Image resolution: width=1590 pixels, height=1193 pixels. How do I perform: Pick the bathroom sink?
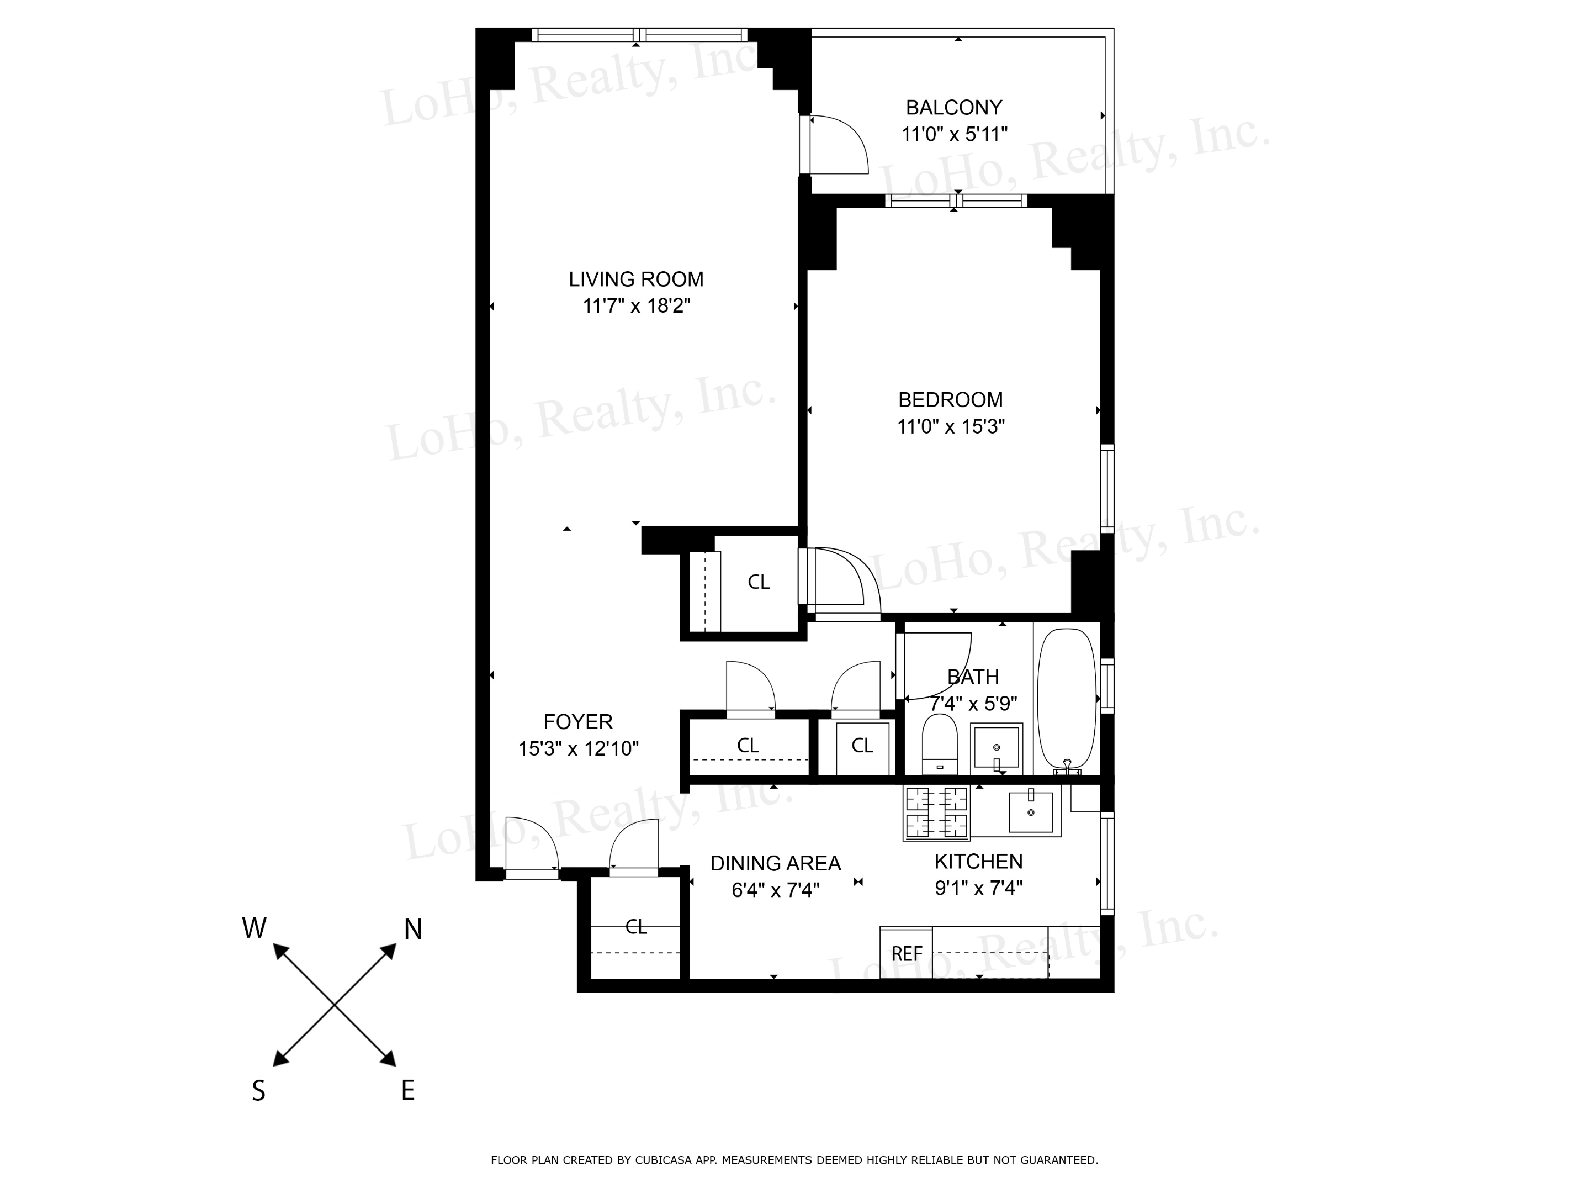click(x=997, y=748)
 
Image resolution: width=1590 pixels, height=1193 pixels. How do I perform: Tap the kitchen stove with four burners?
click(x=936, y=812)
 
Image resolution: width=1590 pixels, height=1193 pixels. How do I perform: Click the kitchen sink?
click(x=1031, y=812)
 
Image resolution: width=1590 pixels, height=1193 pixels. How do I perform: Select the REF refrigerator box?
click(x=907, y=953)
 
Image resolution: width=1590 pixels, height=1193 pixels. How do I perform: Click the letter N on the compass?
click(x=412, y=930)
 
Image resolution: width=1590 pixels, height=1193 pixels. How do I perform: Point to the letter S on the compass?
click(x=259, y=1091)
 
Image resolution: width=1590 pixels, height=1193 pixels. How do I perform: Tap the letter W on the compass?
click(x=255, y=928)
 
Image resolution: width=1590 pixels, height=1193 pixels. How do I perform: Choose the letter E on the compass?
click(x=407, y=1091)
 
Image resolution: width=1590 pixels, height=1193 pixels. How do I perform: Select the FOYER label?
click(x=578, y=721)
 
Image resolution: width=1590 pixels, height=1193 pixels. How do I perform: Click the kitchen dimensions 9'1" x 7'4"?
click(x=978, y=888)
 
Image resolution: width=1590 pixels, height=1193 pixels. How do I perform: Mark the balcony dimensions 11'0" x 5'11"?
click(x=955, y=134)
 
